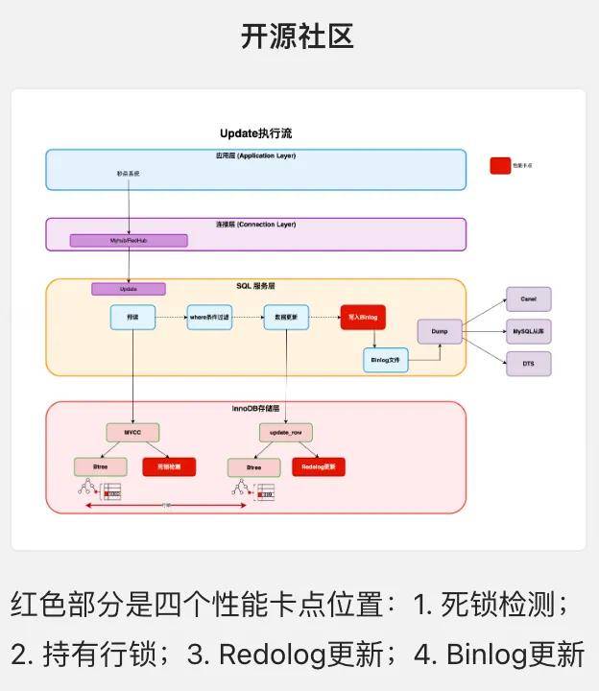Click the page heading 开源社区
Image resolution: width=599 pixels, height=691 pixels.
pyautogui.click(x=299, y=36)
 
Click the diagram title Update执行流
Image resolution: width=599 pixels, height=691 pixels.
pyautogui.click(x=256, y=133)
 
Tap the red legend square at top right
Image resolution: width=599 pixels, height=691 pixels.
pyautogui.click(x=500, y=165)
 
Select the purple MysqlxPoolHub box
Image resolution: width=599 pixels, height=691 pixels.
pyautogui.click(x=128, y=240)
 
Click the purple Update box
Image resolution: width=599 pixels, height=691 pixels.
pyautogui.click(x=129, y=289)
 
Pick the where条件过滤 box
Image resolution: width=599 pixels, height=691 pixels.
pyautogui.click(x=209, y=317)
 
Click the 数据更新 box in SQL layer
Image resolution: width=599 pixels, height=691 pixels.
pyautogui.click(x=287, y=317)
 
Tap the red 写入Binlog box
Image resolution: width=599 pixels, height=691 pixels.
pyautogui.click(x=363, y=317)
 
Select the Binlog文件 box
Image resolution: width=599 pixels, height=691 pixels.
pyautogui.click(x=386, y=360)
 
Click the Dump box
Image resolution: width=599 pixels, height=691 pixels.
pyautogui.click(x=440, y=332)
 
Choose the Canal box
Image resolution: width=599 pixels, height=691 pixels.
pyautogui.click(x=529, y=298)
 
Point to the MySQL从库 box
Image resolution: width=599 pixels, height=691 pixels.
pyautogui.click(x=529, y=332)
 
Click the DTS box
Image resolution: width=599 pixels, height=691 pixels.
pyautogui.click(x=529, y=365)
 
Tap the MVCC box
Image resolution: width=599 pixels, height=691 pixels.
pyautogui.click(x=132, y=433)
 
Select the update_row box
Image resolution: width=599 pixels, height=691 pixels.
pyautogui.click(x=285, y=433)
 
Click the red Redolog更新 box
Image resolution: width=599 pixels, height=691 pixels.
pyautogui.click(x=319, y=467)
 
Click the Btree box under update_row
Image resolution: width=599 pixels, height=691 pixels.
pyautogui.click(x=253, y=467)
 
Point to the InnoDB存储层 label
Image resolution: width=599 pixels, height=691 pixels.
pyautogui.click(x=255, y=409)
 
